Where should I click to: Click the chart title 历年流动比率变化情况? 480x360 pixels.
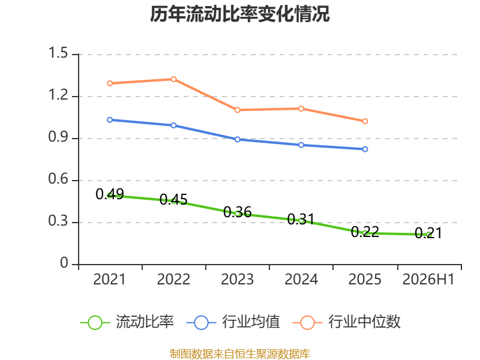pos(239,14)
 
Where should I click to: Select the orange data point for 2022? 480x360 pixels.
pos(173,79)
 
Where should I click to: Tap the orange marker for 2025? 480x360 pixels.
pos(365,121)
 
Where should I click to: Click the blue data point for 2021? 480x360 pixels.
pos(110,119)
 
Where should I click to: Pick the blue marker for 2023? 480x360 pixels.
pos(237,139)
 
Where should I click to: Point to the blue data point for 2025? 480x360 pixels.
pos(365,149)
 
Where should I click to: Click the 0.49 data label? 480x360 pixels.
pos(110,194)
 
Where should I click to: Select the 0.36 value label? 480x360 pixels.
pos(237,212)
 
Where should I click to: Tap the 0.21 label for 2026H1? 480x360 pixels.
pos(428,233)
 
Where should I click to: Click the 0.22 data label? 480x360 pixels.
pos(365,232)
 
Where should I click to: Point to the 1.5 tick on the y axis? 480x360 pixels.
pos(58,53)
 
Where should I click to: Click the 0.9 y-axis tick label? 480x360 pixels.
pos(58,137)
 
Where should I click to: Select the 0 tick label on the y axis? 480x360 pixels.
pos(64,263)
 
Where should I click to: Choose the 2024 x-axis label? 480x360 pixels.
pos(301,280)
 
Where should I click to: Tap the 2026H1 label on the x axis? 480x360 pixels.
pos(428,280)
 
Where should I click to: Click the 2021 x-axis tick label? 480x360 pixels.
pos(110,280)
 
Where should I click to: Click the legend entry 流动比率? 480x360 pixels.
pos(127,322)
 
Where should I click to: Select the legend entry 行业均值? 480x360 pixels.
pos(233,322)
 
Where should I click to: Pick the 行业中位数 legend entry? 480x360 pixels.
pos(347,322)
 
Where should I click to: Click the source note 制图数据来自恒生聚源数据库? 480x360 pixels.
pos(240,354)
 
